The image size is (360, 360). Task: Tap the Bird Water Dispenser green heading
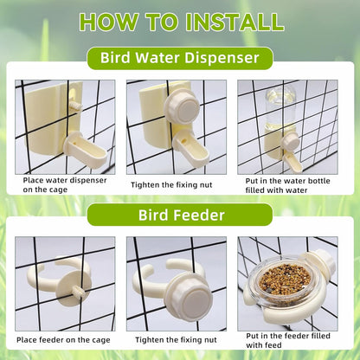[x=180, y=59]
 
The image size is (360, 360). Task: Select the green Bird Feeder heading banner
[x=180, y=214]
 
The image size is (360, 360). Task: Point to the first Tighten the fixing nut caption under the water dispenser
[x=176, y=184]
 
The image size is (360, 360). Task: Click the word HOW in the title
[x=109, y=21]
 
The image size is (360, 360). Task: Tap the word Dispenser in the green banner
[x=216, y=59]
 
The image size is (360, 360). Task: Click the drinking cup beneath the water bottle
[x=292, y=157]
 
